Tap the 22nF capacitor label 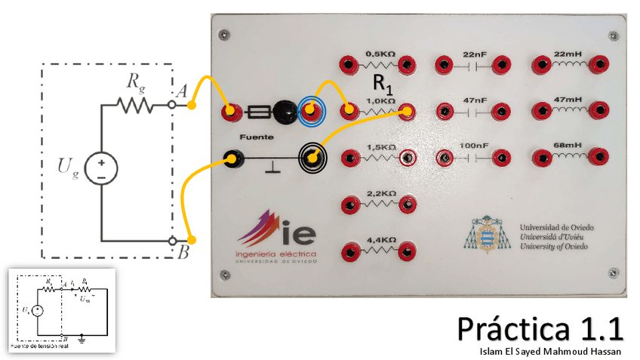(x=475, y=54)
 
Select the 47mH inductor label (x=568, y=100)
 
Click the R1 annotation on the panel (x=383, y=82)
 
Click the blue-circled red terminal (x=311, y=112)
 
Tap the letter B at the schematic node (x=183, y=253)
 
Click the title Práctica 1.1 (x=540, y=329)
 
